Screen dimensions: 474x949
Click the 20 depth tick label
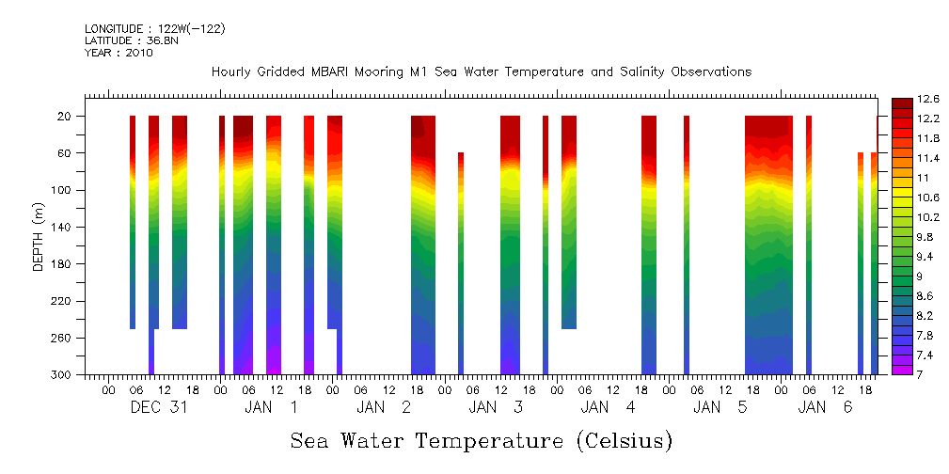tap(66, 116)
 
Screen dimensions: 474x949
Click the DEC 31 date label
tap(159, 407)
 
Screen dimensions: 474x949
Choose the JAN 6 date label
tap(825, 407)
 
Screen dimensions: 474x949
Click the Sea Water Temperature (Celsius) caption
tap(482, 441)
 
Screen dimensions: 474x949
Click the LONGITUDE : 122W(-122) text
tap(154, 28)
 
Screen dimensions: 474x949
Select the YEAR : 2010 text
tap(119, 53)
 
